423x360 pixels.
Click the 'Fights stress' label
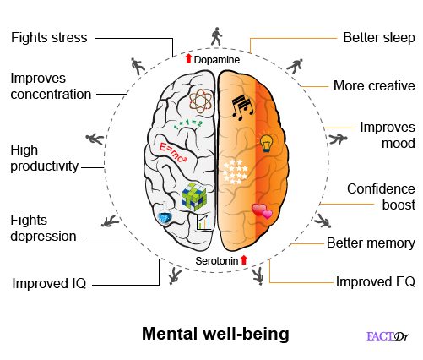tap(49, 38)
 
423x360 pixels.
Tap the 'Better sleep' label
tap(379, 38)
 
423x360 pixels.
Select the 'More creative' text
tap(374, 85)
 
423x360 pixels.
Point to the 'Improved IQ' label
tap(49, 283)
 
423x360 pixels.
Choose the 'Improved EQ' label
tap(376, 281)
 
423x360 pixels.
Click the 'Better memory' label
tap(371, 243)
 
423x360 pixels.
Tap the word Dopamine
tap(217, 60)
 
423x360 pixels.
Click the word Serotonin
tap(217, 261)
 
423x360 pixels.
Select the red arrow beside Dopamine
tap(188, 58)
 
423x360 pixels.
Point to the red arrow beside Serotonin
tap(244, 259)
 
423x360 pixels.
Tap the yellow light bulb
tap(266, 143)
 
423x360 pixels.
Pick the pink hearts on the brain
tap(262, 211)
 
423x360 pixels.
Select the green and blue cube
tap(194, 196)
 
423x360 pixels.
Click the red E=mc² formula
tap(173, 153)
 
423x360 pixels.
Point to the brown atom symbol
tap(200, 101)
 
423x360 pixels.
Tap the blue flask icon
tap(165, 217)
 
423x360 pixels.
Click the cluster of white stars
tap(235, 172)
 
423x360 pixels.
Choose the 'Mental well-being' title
tap(215, 334)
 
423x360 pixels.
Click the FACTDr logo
tap(388, 336)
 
